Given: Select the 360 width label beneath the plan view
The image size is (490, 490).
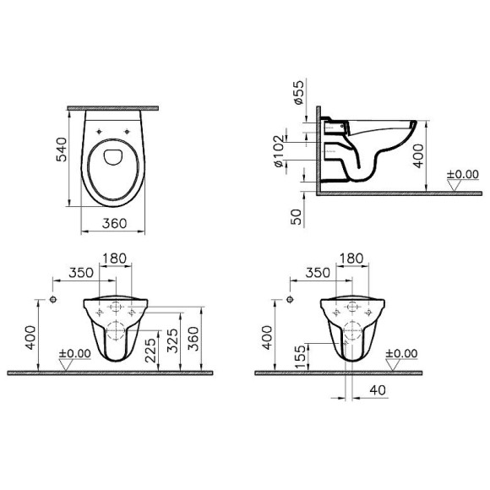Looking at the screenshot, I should [x=113, y=224].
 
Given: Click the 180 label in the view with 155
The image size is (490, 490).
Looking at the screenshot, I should [x=352, y=258].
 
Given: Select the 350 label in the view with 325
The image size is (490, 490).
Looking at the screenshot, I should [x=80, y=273].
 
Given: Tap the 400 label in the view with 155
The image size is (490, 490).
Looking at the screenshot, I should [x=267, y=338].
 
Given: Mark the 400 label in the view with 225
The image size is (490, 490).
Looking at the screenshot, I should [x=31, y=338].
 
